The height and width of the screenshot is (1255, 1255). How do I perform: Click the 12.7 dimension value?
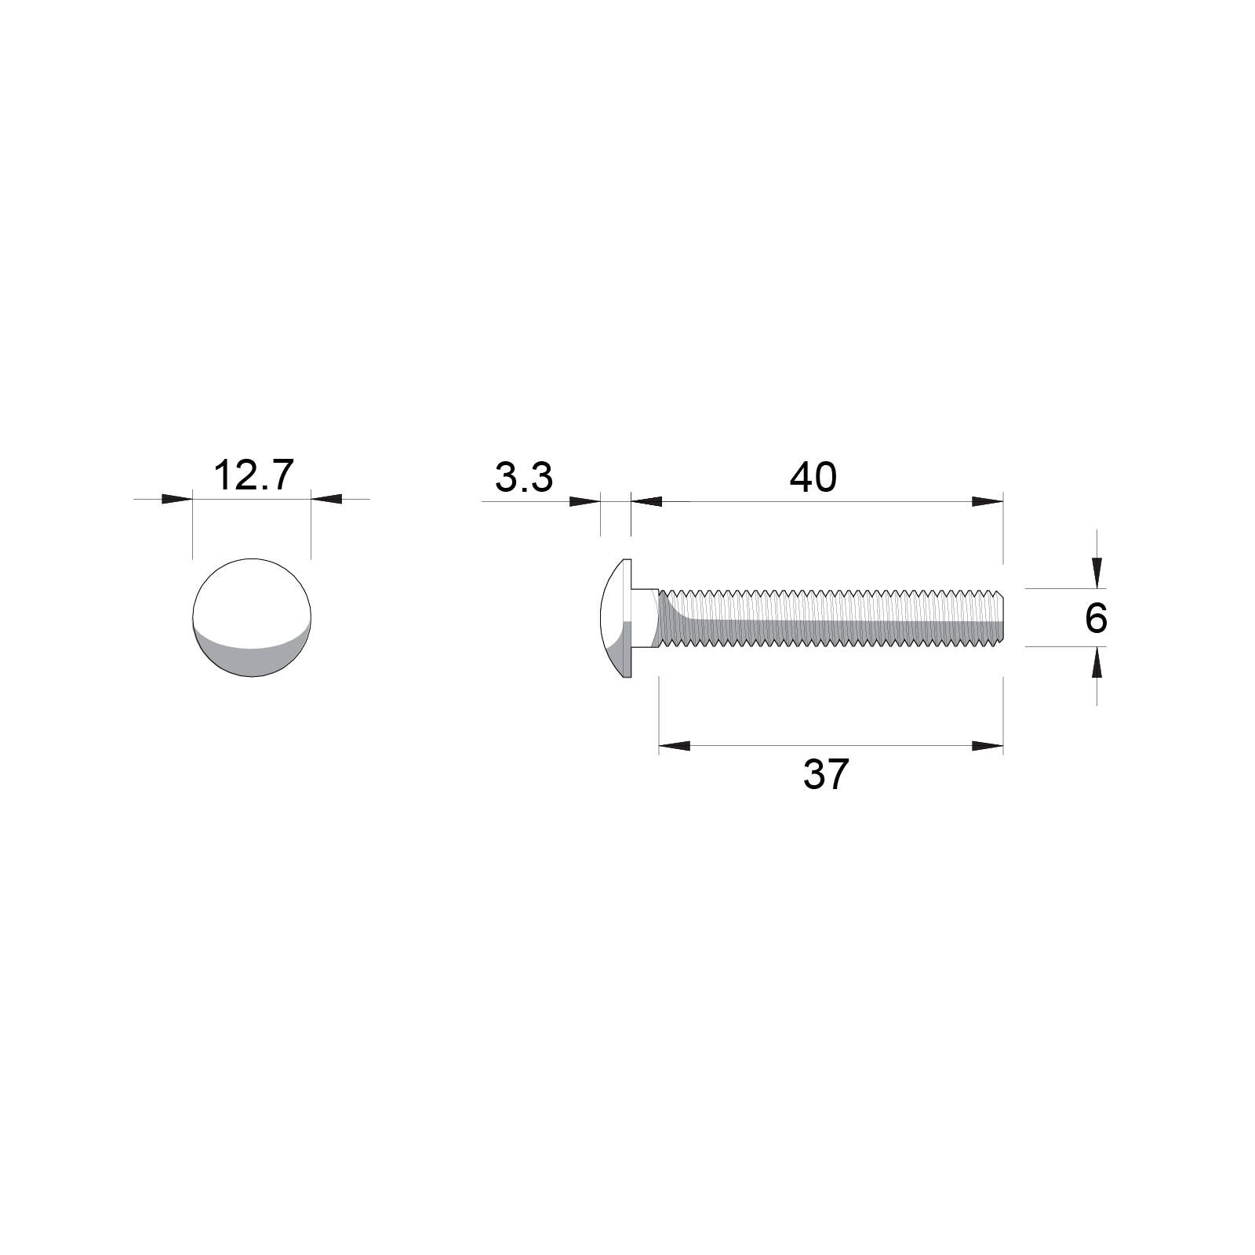pos(253,476)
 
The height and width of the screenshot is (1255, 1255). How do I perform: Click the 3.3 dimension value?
pos(524,478)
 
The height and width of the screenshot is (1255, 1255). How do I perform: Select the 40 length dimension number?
pos(813,478)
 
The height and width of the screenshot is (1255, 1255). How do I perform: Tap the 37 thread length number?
pos(825,775)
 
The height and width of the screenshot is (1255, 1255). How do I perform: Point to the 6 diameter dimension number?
pos(1095,619)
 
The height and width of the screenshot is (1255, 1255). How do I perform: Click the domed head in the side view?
pos(617,618)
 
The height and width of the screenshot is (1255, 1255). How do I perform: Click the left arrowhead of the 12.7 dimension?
pos(177,499)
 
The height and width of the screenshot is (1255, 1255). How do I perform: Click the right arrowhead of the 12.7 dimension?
pos(326,499)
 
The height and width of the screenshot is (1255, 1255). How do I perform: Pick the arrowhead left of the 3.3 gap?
pos(584,501)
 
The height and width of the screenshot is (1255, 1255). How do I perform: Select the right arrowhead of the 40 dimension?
pos(988,501)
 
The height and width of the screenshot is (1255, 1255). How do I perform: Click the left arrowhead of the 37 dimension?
pos(675,746)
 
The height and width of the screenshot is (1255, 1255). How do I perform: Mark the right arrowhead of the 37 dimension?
pos(988,746)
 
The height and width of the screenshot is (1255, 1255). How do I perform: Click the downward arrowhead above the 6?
pos(1097,572)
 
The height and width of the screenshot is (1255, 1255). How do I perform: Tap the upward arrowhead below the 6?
pos(1097,664)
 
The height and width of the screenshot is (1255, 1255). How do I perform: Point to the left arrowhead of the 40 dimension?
pos(646,501)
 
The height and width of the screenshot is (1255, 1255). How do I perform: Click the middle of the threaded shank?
pos(831,618)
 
